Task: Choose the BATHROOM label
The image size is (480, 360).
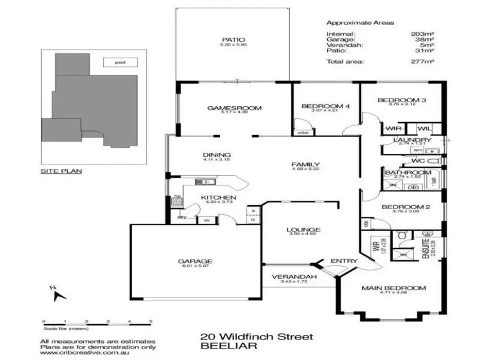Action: click(408, 173)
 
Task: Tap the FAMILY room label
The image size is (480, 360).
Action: click(305, 164)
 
